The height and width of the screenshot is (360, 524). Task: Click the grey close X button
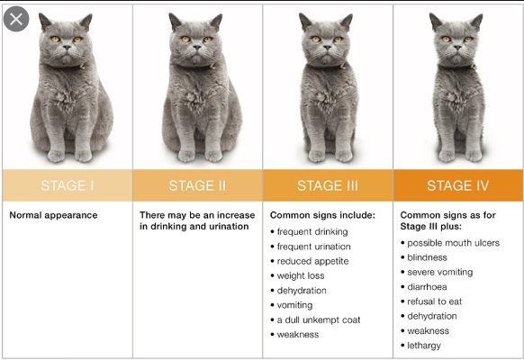(16, 19)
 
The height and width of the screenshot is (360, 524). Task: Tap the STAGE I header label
(68, 185)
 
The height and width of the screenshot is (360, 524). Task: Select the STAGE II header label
(197, 185)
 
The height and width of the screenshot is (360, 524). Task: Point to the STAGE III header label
(328, 185)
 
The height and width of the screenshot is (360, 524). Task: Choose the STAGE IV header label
(458, 185)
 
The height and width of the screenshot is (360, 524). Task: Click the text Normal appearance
(53, 215)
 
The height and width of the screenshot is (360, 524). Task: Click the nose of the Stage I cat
(67, 48)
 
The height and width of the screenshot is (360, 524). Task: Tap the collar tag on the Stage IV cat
(473, 67)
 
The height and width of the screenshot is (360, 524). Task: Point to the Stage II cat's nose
(197, 48)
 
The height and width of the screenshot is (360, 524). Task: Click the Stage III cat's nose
(327, 48)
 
